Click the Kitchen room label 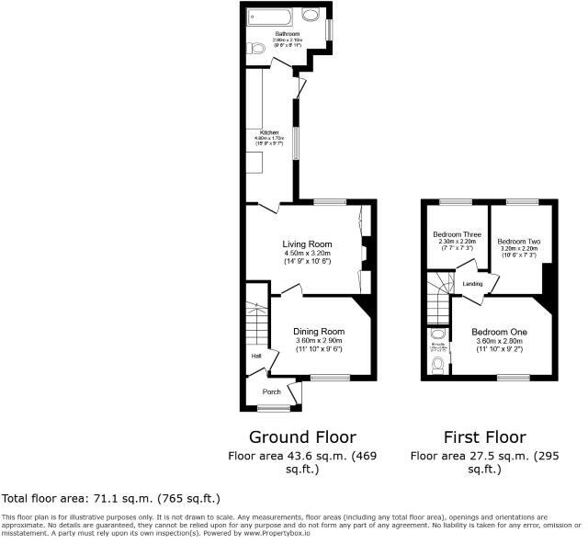pyautogui.click(x=269, y=132)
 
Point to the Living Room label pyautogui.click(x=306, y=244)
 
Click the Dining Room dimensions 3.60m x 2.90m pyautogui.click(x=319, y=341)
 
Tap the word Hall pyautogui.click(x=256, y=357)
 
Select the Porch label pyautogui.click(x=272, y=391)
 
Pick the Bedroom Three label pyautogui.click(x=454, y=233)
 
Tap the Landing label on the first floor pyautogui.click(x=473, y=284)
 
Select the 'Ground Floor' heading pyautogui.click(x=302, y=436)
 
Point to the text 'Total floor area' pyautogui.click(x=46, y=498)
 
